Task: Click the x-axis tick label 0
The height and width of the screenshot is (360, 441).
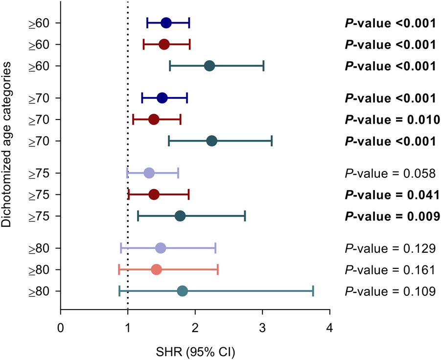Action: [x=60, y=327]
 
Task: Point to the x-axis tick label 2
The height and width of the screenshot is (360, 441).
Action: [x=195, y=327]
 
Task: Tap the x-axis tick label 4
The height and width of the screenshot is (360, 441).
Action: [x=330, y=327]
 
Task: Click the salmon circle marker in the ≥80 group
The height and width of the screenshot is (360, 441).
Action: [x=157, y=269]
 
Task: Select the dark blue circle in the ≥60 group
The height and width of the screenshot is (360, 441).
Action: [x=166, y=23]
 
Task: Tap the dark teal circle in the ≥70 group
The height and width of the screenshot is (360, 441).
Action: [x=212, y=141]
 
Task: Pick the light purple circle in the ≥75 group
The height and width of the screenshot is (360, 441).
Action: [x=149, y=173]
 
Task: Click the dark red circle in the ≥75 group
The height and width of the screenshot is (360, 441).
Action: [x=154, y=194]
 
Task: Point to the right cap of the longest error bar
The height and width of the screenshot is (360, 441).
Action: [x=313, y=291]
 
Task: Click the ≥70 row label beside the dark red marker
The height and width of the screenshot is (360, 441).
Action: [x=38, y=120]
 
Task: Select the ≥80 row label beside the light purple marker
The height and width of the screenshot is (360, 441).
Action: [x=38, y=248]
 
